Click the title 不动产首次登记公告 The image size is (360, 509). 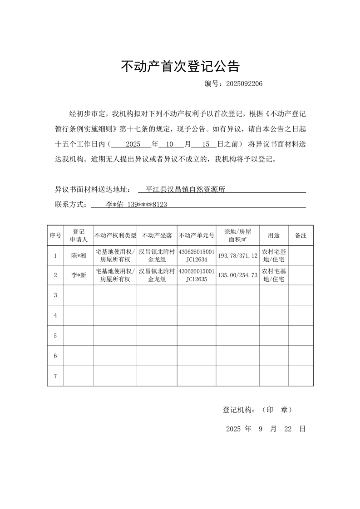(180, 67)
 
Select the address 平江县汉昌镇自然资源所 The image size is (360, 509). (186, 190)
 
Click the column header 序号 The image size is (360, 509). (55, 235)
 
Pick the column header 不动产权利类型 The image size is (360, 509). (115, 235)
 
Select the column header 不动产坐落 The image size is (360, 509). (157, 235)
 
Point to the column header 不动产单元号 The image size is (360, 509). (197, 235)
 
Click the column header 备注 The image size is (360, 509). (301, 235)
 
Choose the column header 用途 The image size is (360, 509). (274, 235)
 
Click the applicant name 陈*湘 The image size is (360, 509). (79, 256)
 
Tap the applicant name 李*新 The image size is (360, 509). (79, 275)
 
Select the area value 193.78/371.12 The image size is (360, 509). (237, 256)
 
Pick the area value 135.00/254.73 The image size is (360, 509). (237, 275)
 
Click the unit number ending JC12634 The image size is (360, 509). (197, 260)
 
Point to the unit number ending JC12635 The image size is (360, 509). (197, 279)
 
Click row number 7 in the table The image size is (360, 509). (55, 376)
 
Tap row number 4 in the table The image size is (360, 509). (55, 315)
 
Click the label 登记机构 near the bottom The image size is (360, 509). (239, 410)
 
